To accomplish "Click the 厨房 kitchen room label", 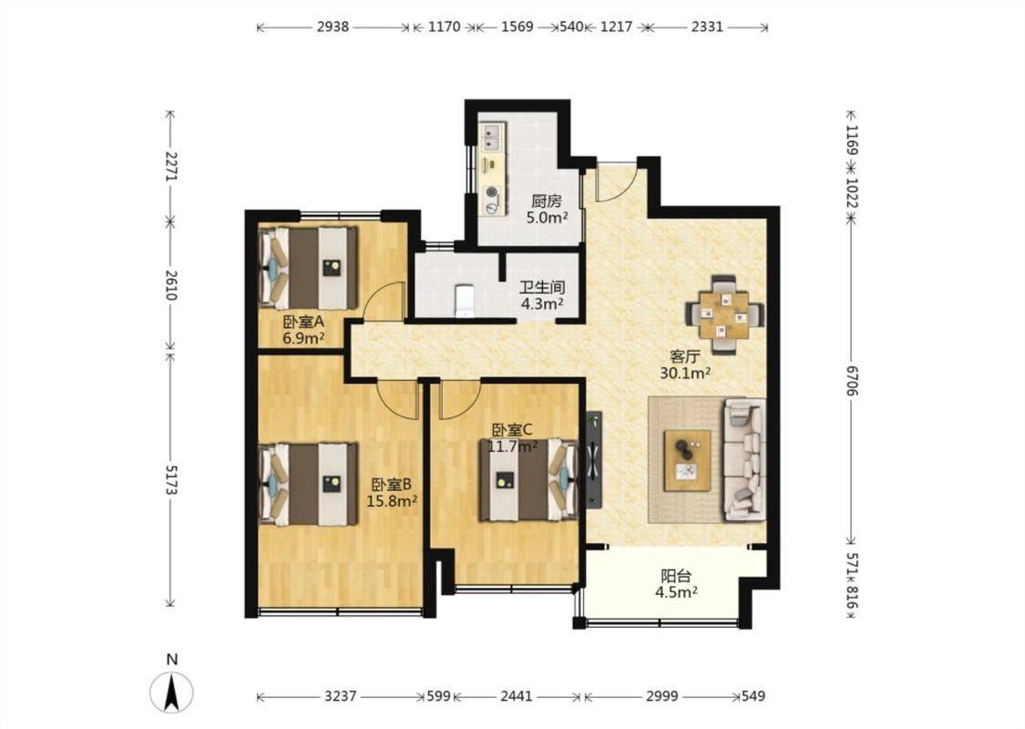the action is (546, 201).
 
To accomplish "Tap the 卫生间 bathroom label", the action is (542, 287).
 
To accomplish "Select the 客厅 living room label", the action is (685, 357).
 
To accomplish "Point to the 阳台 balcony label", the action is (676, 576).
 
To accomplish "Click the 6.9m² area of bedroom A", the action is (304, 338).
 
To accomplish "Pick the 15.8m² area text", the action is (392, 501).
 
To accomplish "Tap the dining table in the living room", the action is (723, 314).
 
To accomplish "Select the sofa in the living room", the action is (744, 459).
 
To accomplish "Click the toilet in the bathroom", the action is (464, 300).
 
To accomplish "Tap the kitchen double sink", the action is (492, 138).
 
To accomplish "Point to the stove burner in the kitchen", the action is (492, 193).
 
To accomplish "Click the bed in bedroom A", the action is (309, 267).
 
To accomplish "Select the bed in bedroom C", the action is (528, 479).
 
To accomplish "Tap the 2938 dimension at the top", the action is (333, 26).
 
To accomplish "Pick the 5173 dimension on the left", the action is (171, 480).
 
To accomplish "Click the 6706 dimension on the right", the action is (851, 380).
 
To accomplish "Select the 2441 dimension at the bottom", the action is (517, 696).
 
